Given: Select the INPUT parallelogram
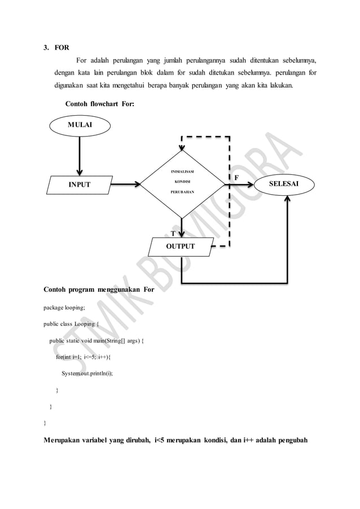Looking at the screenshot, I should tap(80, 185).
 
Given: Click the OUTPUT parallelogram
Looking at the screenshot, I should tap(180, 247).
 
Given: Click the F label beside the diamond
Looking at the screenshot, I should tap(236, 177).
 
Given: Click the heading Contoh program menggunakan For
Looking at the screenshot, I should tap(99, 290).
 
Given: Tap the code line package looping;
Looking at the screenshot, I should tap(64, 308).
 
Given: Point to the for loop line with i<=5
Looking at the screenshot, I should tap(84, 357).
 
